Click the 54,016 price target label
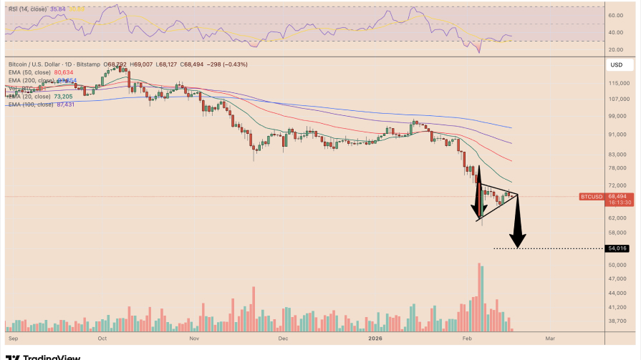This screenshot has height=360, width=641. (617, 248)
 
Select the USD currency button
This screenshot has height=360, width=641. (616, 65)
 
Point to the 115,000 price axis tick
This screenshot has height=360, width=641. (618, 84)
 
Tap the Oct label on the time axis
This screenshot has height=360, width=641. (102, 336)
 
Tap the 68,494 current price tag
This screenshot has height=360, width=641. (617, 196)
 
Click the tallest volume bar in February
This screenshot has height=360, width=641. (478, 297)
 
